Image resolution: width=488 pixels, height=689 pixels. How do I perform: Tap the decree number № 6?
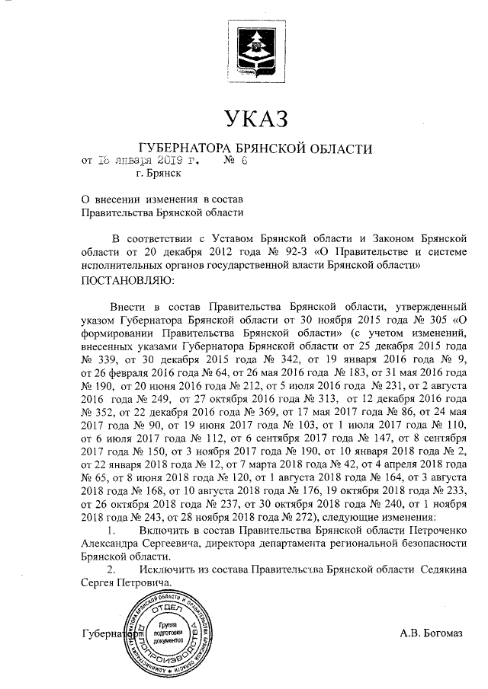point(232,161)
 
